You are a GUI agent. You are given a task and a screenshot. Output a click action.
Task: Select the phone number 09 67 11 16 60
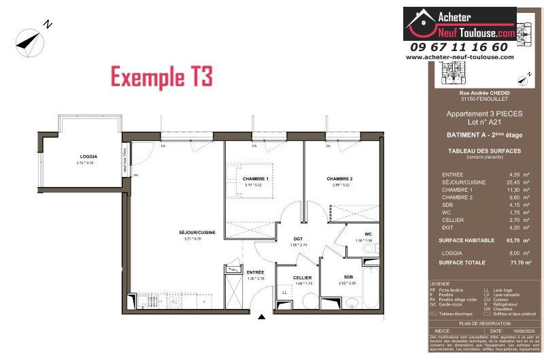(x=459, y=47)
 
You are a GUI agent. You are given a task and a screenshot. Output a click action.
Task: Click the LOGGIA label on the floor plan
(x=90, y=157)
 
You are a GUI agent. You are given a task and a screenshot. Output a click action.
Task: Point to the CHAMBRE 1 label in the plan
(x=256, y=179)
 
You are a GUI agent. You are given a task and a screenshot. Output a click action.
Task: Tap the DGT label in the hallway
(x=298, y=239)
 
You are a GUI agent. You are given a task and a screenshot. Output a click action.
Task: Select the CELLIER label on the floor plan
(x=302, y=278)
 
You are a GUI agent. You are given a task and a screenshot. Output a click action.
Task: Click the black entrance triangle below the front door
(x=261, y=316)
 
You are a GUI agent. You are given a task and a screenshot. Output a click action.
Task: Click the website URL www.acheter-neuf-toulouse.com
(x=460, y=57)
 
